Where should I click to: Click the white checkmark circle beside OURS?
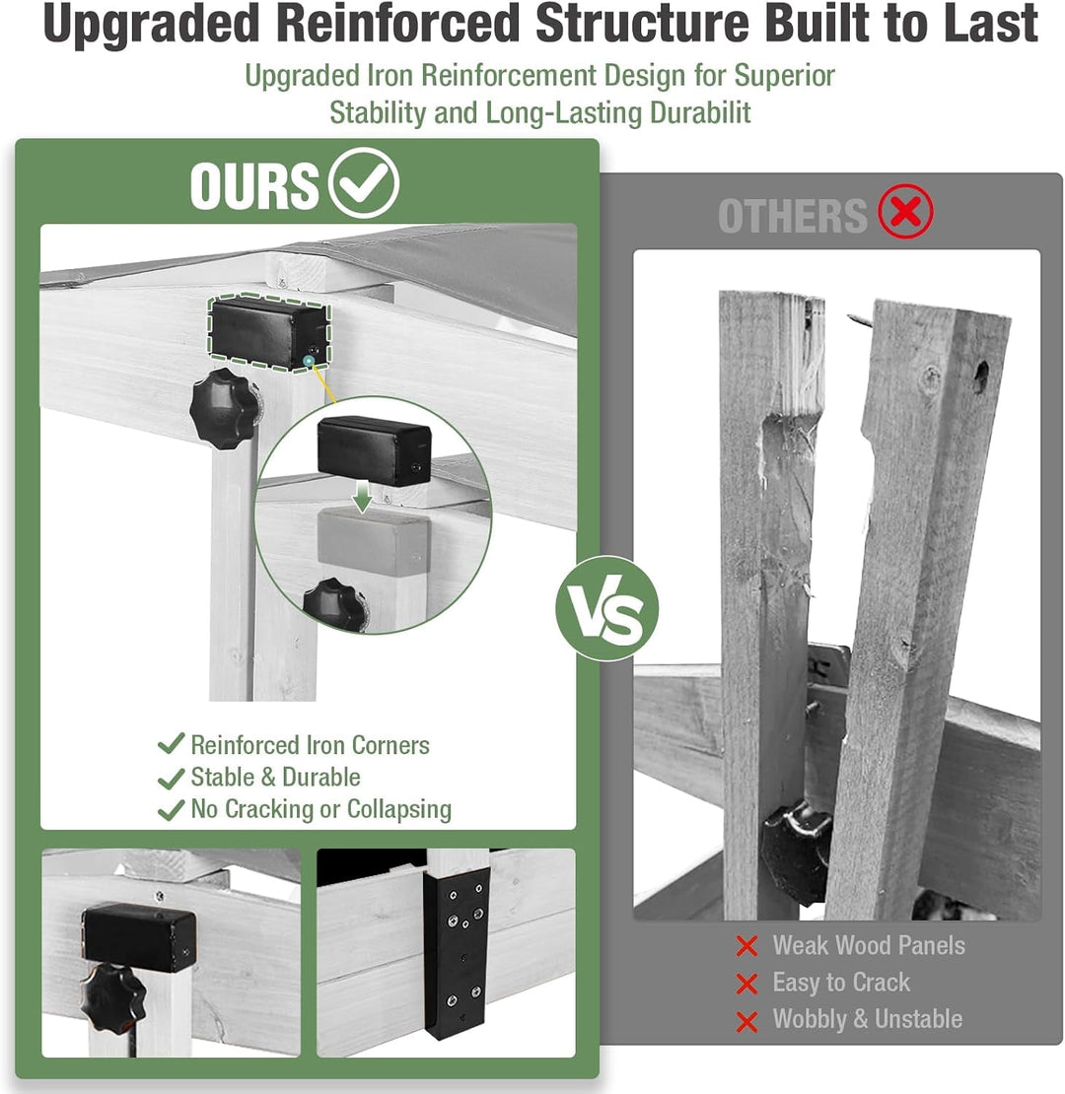364,182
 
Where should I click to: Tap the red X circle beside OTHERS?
905,211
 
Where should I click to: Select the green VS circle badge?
606,608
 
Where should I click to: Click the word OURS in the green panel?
254,185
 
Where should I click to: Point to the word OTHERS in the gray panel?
792,216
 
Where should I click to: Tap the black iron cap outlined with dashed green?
268,333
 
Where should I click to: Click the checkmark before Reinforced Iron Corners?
171,744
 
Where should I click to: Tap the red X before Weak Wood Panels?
746,946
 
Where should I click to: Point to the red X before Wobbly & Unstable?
746,1021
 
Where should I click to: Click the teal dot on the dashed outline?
309,361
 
